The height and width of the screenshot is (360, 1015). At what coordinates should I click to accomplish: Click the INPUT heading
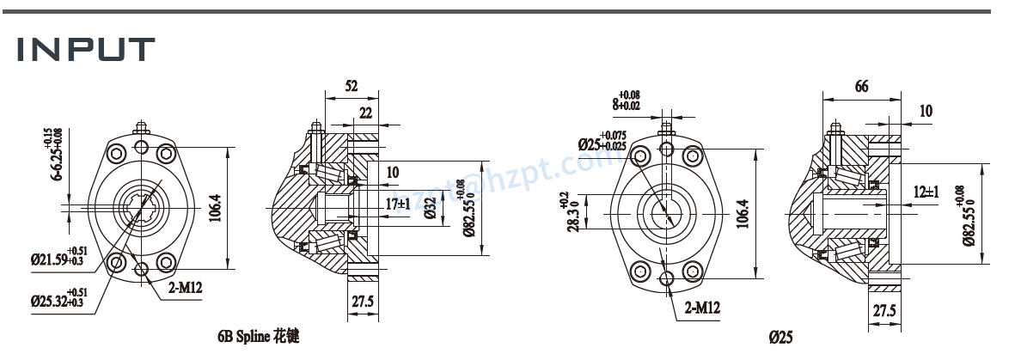tap(85, 49)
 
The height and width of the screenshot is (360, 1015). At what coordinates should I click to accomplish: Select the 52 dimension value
tap(352, 87)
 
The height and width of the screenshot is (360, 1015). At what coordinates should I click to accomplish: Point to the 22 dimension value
tap(366, 113)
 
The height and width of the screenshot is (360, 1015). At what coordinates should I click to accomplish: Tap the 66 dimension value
tap(861, 87)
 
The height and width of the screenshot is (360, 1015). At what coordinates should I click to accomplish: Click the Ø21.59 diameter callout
tap(58, 259)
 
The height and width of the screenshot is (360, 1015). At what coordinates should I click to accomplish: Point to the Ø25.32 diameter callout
tap(58, 300)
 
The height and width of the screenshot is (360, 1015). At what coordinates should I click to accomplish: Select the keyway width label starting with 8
tap(627, 103)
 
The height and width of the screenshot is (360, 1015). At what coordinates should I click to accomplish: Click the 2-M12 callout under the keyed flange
tap(702, 307)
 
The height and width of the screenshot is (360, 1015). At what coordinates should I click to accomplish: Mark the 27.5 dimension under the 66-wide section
tap(886, 311)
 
